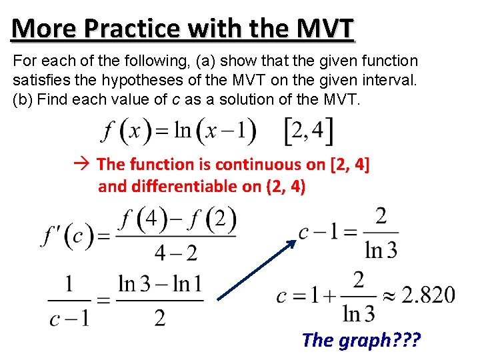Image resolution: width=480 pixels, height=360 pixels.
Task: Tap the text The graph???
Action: pyautogui.click(x=361, y=340)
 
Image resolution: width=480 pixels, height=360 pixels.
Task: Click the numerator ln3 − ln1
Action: pyautogui.click(x=159, y=284)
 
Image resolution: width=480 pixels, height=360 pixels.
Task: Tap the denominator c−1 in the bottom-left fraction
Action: pyautogui.click(x=69, y=318)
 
